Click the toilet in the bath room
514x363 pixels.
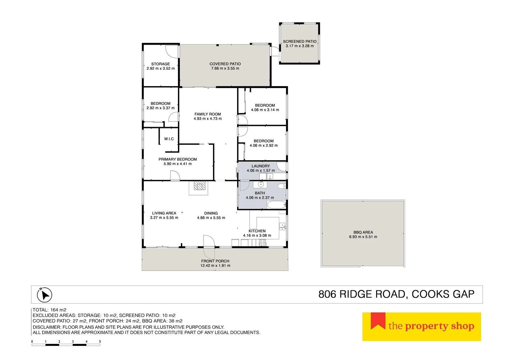281,186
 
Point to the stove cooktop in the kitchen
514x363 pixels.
262,243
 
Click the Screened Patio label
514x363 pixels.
299,41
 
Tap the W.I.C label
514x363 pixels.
169,139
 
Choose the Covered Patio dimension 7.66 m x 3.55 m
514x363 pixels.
225,69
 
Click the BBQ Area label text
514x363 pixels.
363,232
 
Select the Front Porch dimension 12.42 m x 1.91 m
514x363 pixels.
215,266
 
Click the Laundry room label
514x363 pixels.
261,166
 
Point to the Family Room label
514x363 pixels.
208,114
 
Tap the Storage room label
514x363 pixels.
160,64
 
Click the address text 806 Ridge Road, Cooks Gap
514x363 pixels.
396,294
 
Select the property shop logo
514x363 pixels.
421,327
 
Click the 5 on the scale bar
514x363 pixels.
100,342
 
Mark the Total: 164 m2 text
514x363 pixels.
49,310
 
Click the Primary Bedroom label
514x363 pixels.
178,159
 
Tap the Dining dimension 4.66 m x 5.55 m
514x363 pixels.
211,218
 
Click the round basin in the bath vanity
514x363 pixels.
260,185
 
